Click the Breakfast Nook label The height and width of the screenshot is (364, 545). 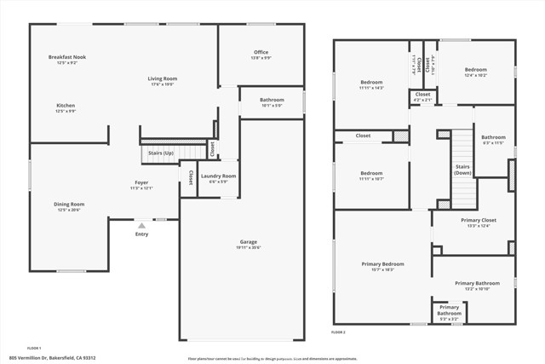[66, 57]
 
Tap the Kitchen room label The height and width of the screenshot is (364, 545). [66, 106]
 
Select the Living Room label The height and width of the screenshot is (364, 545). [162, 78]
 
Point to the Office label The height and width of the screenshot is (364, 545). [261, 53]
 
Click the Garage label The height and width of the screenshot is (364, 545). [248, 242]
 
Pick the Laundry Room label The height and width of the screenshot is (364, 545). [219, 176]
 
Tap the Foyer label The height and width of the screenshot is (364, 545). [141, 182]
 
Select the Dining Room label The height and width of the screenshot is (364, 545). [70, 204]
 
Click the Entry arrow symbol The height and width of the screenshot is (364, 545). [141, 225]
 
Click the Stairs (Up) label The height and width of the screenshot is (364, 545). [161, 153]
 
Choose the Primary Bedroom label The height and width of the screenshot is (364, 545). [382, 264]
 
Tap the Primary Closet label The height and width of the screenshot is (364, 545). [478, 220]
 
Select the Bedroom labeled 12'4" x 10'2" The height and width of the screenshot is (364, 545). [475, 70]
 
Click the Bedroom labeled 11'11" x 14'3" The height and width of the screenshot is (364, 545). [371, 83]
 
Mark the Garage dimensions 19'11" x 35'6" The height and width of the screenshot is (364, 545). [248, 248]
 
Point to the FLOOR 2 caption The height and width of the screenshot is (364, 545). [339, 332]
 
